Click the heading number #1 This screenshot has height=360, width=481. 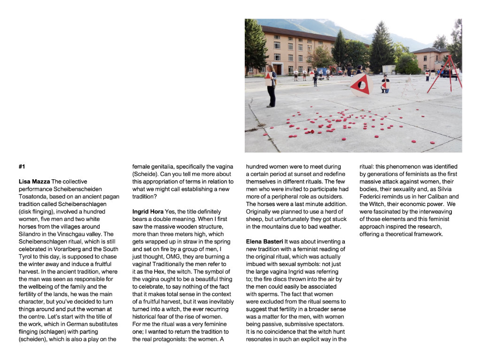pos(22,167)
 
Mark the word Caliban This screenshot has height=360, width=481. pos(436,197)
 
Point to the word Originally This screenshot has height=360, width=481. pos(260,212)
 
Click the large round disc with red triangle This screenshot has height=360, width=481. pos(361,85)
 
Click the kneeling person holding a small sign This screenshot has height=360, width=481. pos(385,84)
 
